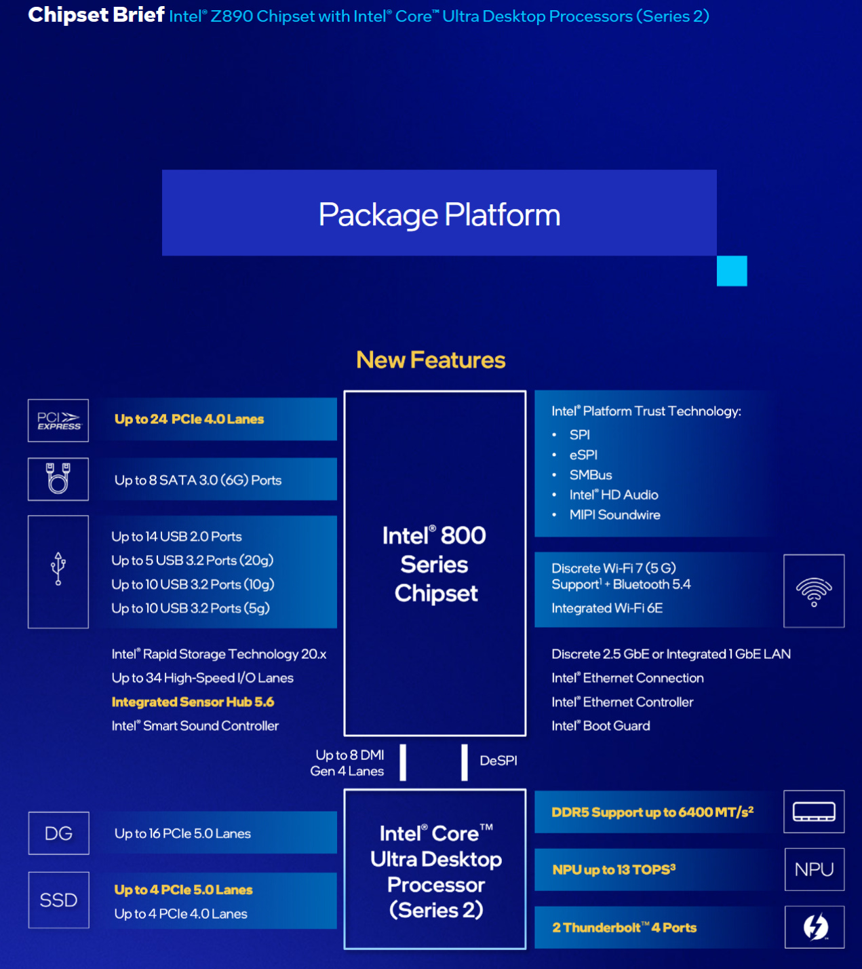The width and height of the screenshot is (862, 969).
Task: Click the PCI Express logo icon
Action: (58, 421)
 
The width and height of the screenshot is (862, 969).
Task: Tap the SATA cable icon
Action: (58, 479)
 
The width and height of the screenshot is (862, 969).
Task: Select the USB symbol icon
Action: (58, 570)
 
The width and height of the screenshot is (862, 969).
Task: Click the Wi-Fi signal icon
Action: (814, 591)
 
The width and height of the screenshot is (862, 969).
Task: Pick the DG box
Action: (59, 833)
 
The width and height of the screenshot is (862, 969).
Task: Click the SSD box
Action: (59, 900)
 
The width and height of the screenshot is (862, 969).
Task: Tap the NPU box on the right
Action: (814, 869)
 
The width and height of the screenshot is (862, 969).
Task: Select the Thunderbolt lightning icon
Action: (815, 927)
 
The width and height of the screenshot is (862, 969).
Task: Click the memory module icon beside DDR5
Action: (814, 812)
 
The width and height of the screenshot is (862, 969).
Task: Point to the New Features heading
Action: (431, 360)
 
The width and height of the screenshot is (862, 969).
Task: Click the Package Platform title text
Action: (439, 214)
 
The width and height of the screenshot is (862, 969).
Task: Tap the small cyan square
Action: (732, 271)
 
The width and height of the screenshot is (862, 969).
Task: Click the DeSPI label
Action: (498, 761)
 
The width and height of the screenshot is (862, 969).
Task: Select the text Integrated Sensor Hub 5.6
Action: (193, 702)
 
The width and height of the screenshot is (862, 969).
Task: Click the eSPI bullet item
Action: (583, 455)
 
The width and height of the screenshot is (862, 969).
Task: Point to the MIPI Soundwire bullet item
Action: (614, 514)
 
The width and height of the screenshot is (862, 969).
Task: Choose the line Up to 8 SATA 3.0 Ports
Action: (198, 480)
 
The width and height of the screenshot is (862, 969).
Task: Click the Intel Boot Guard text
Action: (601, 726)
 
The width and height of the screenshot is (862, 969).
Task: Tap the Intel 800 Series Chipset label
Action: (435, 564)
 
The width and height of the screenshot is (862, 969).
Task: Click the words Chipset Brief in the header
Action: (96, 15)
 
